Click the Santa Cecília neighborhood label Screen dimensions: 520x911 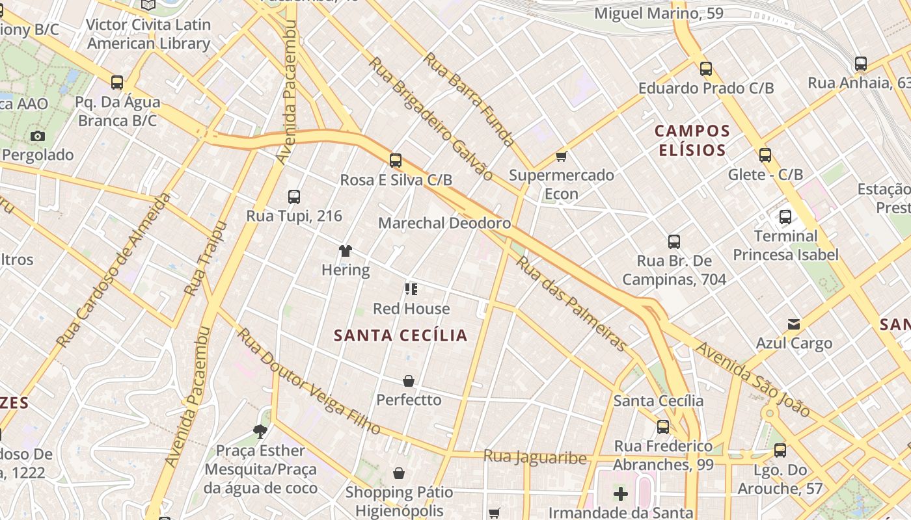coord(400,335)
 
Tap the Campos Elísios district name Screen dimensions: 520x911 coord(692,140)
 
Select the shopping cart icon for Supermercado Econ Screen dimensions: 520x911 coord(561,156)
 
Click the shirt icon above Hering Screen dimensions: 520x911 coord(345,251)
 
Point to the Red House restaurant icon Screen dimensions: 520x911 coord(411,289)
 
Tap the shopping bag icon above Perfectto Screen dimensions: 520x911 coord(409,381)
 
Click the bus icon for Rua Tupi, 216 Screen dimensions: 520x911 coord(294,197)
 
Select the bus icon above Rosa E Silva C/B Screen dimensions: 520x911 coord(396,161)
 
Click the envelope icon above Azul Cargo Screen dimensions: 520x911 coord(794,324)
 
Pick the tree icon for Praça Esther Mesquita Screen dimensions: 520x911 coord(260,431)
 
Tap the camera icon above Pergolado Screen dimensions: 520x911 coord(38,136)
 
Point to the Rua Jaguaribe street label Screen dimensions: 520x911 coord(535,457)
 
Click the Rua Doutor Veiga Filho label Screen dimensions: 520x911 coord(308,381)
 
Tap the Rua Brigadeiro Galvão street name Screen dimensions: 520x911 coord(431,118)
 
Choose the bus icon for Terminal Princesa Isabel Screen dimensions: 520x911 coord(785,217)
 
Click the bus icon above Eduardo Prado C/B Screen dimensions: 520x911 coord(706,69)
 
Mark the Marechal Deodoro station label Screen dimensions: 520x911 coord(444,223)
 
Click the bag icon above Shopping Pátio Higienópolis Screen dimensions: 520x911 coord(399,473)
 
